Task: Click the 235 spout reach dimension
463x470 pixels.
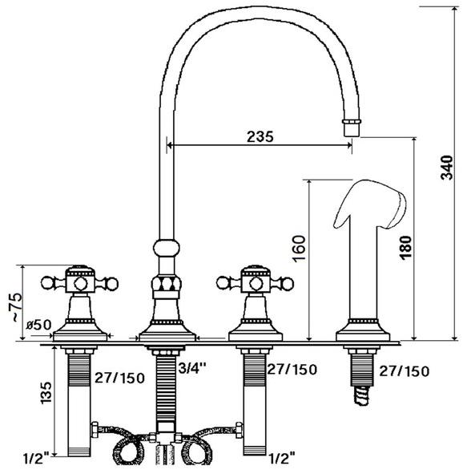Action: pos(260,136)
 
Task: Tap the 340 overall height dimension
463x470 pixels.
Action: pos(446,168)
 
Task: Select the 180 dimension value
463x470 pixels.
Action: pos(405,247)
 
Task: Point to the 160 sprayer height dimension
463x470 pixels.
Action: pos(299,249)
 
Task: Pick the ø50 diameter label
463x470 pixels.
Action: pos(38,325)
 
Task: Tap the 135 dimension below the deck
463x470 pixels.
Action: pos(46,393)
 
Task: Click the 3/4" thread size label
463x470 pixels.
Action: pos(192,368)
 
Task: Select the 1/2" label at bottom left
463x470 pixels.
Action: pos(37,458)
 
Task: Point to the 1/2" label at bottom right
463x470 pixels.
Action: pos(282,458)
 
